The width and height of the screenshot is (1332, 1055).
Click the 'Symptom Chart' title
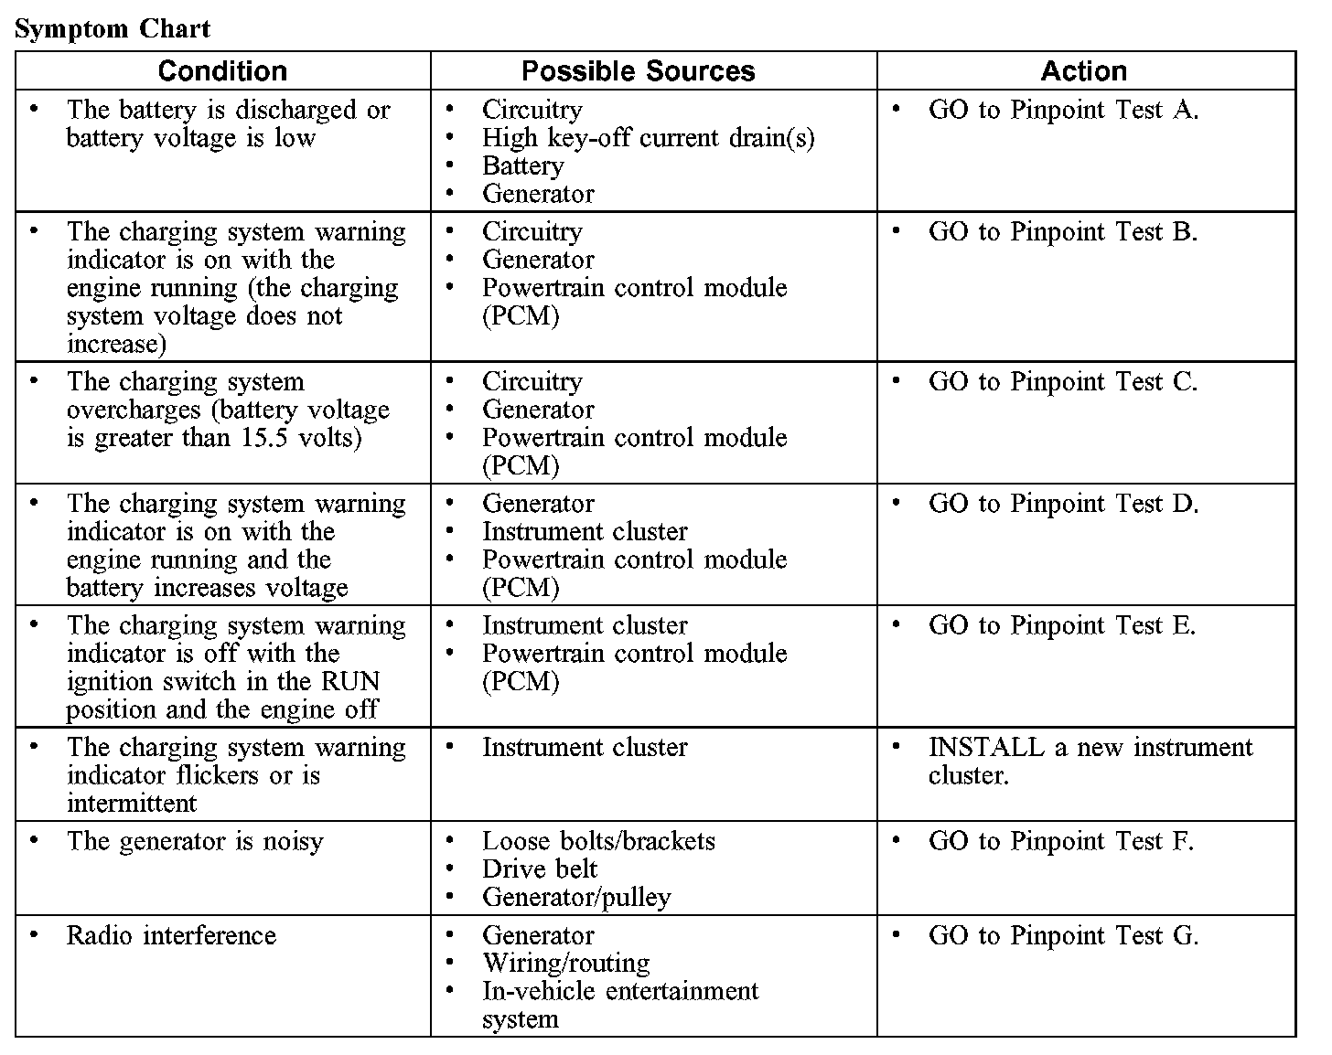click(113, 28)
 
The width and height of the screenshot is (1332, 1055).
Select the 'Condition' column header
click(222, 70)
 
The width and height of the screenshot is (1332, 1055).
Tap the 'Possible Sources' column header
click(638, 70)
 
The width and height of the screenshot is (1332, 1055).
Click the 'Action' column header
click(1084, 70)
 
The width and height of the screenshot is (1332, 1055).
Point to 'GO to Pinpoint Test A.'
click(1062, 110)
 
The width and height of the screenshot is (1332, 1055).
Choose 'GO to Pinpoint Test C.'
click(1062, 381)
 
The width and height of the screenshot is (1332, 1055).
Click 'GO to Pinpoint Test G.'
click(1062, 935)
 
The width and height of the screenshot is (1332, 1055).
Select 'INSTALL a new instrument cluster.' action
click(1089, 761)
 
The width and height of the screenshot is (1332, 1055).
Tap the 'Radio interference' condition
click(171, 935)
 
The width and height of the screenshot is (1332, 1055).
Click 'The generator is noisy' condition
click(195, 841)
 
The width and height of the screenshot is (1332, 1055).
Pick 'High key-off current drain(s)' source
click(648, 138)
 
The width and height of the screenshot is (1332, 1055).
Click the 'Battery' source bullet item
click(523, 166)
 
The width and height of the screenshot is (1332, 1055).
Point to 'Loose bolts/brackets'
click(598, 841)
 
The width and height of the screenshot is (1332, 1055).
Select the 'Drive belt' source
click(540, 869)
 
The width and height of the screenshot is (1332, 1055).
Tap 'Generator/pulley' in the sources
click(576, 897)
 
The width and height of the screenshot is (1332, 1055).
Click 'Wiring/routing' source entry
click(566, 963)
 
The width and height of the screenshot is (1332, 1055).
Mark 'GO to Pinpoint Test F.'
click(1060, 841)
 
